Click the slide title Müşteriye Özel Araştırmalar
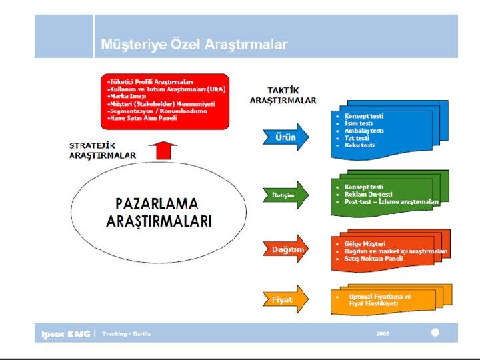pos(194,45)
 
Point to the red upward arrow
pos(162,150)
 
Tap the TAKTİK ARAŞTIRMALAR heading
pos(283,95)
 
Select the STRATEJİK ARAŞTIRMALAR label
pos(102,150)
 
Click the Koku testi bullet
pos(359,145)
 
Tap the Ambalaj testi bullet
pos(364,131)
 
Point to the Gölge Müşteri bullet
pos(365,243)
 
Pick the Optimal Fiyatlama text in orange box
pos(380,296)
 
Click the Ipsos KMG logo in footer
pos(65,334)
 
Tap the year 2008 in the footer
pos(383,333)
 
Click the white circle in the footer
pos(435,332)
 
